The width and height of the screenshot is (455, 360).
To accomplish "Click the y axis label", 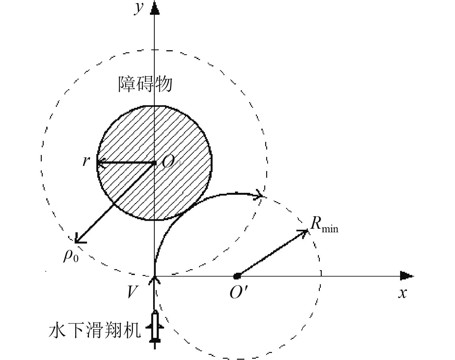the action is click(x=139, y=8).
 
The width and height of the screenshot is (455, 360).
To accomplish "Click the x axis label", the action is click(x=402, y=293).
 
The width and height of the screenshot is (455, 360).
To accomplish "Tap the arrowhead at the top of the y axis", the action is click(x=155, y=8).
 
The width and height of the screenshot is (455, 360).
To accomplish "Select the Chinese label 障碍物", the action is click(x=145, y=84).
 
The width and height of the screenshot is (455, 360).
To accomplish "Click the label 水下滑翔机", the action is click(x=95, y=331).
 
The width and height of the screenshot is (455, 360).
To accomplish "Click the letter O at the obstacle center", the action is click(x=168, y=162).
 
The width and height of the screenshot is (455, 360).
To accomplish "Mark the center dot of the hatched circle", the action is click(x=154, y=163).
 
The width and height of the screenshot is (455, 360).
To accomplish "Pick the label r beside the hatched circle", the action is click(x=85, y=160).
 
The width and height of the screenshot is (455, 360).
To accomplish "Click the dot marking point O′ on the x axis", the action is click(x=237, y=276).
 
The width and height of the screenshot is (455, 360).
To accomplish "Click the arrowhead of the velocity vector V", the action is click(x=155, y=279).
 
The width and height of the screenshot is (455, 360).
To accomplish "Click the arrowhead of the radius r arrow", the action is click(x=100, y=163).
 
